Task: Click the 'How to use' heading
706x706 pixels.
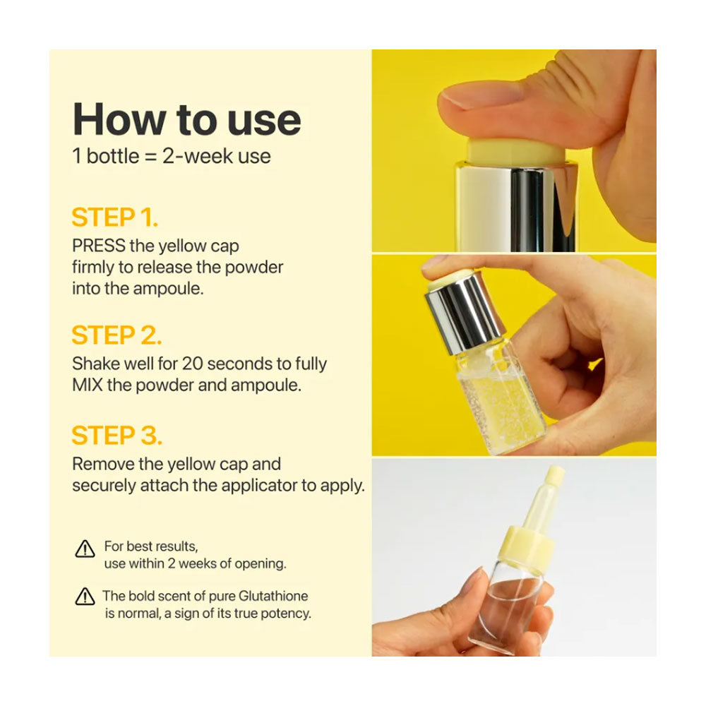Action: (186, 119)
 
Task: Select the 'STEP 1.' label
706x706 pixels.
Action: (115, 217)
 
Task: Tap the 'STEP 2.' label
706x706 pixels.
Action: (116, 335)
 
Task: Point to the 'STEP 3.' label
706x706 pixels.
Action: (116, 436)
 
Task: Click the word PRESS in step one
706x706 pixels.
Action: (99, 246)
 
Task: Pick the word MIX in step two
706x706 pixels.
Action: (88, 385)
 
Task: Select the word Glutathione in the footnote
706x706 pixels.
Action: (273, 596)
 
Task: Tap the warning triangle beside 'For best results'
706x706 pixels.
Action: (85, 549)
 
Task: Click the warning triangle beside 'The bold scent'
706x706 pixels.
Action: (85, 597)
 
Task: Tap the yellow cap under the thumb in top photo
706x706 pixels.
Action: (516, 152)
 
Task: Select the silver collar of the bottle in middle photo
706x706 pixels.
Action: (464, 313)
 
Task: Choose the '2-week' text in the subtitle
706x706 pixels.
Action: (198, 156)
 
